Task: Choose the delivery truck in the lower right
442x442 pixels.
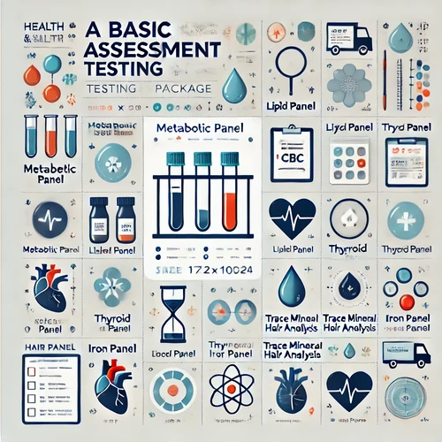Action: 405,353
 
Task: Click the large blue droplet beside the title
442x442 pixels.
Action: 234,86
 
